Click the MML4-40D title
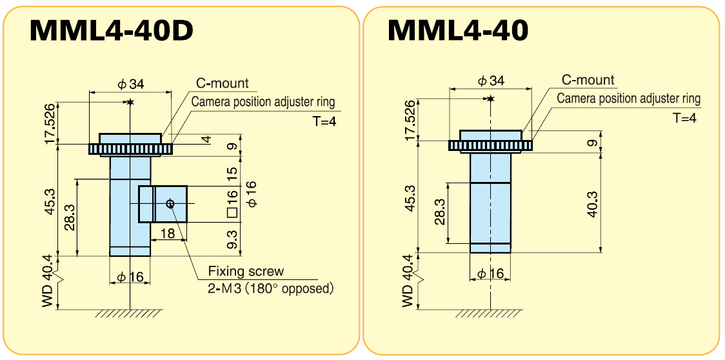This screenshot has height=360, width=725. click(111, 30)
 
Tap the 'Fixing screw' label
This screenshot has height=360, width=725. click(246, 272)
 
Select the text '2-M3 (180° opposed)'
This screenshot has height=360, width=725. click(271, 288)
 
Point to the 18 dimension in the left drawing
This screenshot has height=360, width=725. click(168, 234)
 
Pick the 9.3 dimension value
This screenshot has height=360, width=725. click(233, 239)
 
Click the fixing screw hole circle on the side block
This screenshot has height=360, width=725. click(170, 204)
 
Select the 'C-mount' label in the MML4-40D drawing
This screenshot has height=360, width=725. click(223, 84)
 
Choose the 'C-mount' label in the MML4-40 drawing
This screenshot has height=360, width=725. click(588, 80)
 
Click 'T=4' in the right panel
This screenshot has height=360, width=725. click(684, 118)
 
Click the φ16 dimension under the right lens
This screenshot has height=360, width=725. click(490, 274)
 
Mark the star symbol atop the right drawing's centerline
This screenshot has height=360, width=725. click(490, 98)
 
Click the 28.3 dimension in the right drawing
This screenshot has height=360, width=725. click(440, 212)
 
